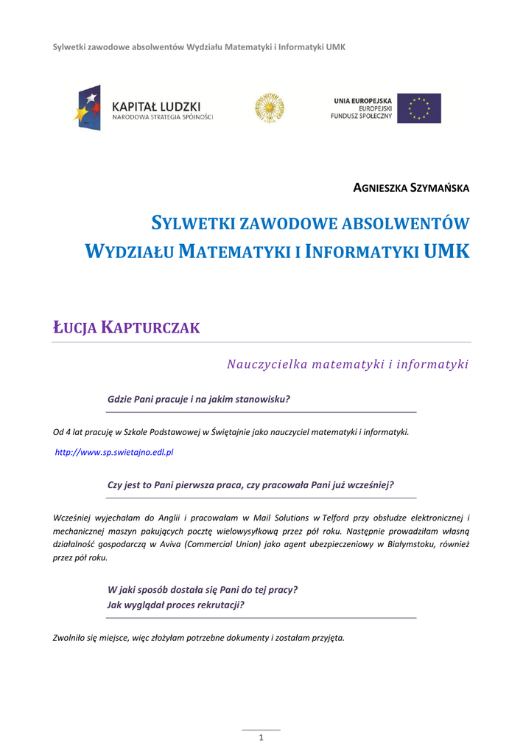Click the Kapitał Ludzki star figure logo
[87, 108]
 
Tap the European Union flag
[419, 108]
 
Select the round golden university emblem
[270, 108]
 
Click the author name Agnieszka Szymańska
[411, 187]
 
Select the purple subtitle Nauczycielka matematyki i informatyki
[348, 363]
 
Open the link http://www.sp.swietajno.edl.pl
[115, 452]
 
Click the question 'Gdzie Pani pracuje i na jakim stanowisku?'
[199, 399]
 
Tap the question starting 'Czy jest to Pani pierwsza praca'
[250, 484]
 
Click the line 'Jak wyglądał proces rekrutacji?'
[175, 605]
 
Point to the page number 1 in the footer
[261, 738]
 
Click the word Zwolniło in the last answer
[70, 637]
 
